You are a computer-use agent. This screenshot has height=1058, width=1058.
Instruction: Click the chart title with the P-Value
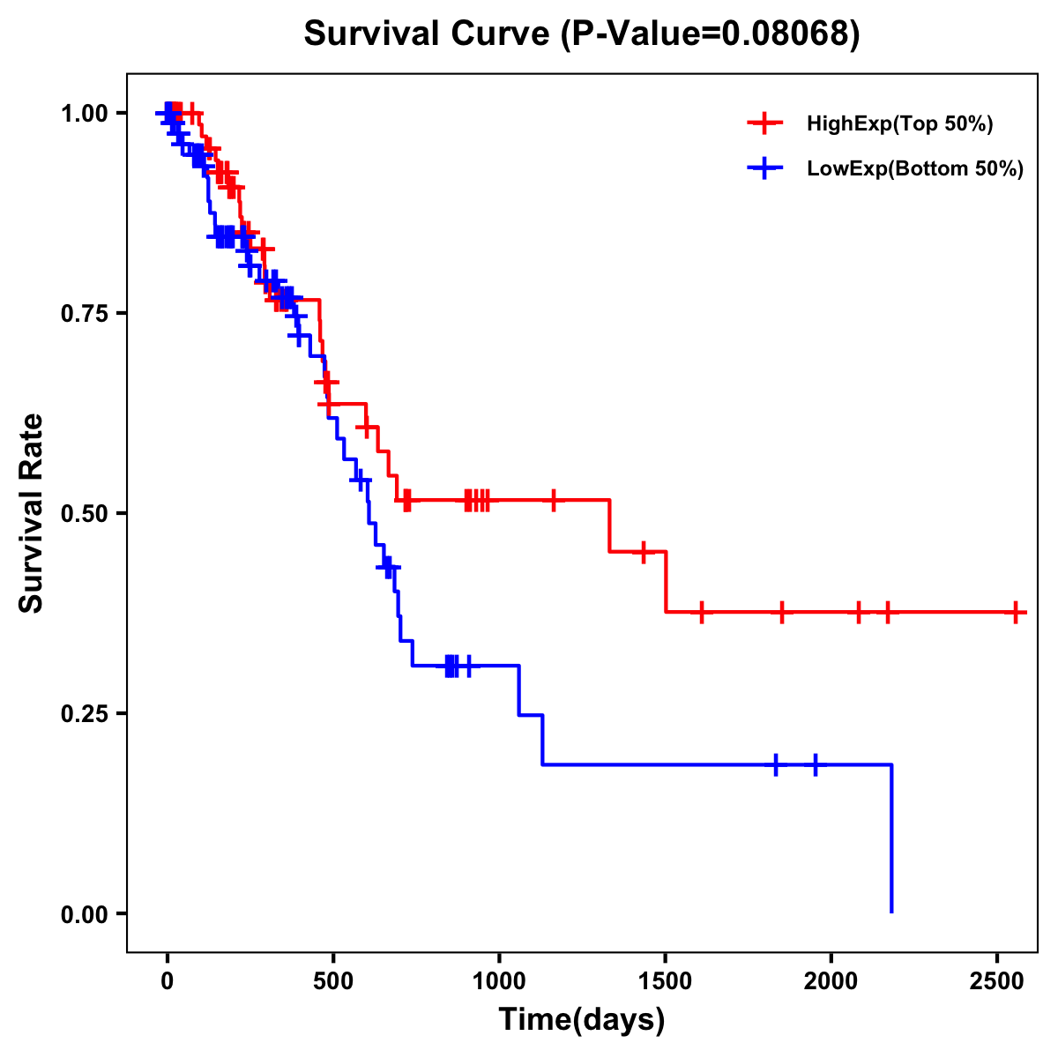582,34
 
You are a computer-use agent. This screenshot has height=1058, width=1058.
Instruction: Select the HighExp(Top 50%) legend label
899,124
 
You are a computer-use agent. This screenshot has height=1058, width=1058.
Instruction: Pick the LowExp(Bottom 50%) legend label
915,169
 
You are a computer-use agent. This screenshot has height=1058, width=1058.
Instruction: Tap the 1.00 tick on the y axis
84,114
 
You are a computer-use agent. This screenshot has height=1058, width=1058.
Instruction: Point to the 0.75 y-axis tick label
84,314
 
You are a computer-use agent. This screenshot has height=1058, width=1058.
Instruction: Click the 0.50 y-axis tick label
84,514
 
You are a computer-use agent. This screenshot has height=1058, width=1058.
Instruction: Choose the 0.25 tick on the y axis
84,714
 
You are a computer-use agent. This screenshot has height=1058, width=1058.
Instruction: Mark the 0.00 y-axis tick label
84,914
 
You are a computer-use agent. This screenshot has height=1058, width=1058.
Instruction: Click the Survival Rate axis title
33,513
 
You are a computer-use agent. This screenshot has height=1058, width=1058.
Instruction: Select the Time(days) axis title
582,1020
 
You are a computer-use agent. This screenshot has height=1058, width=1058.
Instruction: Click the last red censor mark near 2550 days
1016,612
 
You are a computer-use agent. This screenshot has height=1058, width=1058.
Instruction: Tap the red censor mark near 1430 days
644,552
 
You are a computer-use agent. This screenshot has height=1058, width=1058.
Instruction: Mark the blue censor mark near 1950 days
816,764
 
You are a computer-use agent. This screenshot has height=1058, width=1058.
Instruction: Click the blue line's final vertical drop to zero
891,838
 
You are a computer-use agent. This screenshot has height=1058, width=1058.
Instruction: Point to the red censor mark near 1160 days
554,500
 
